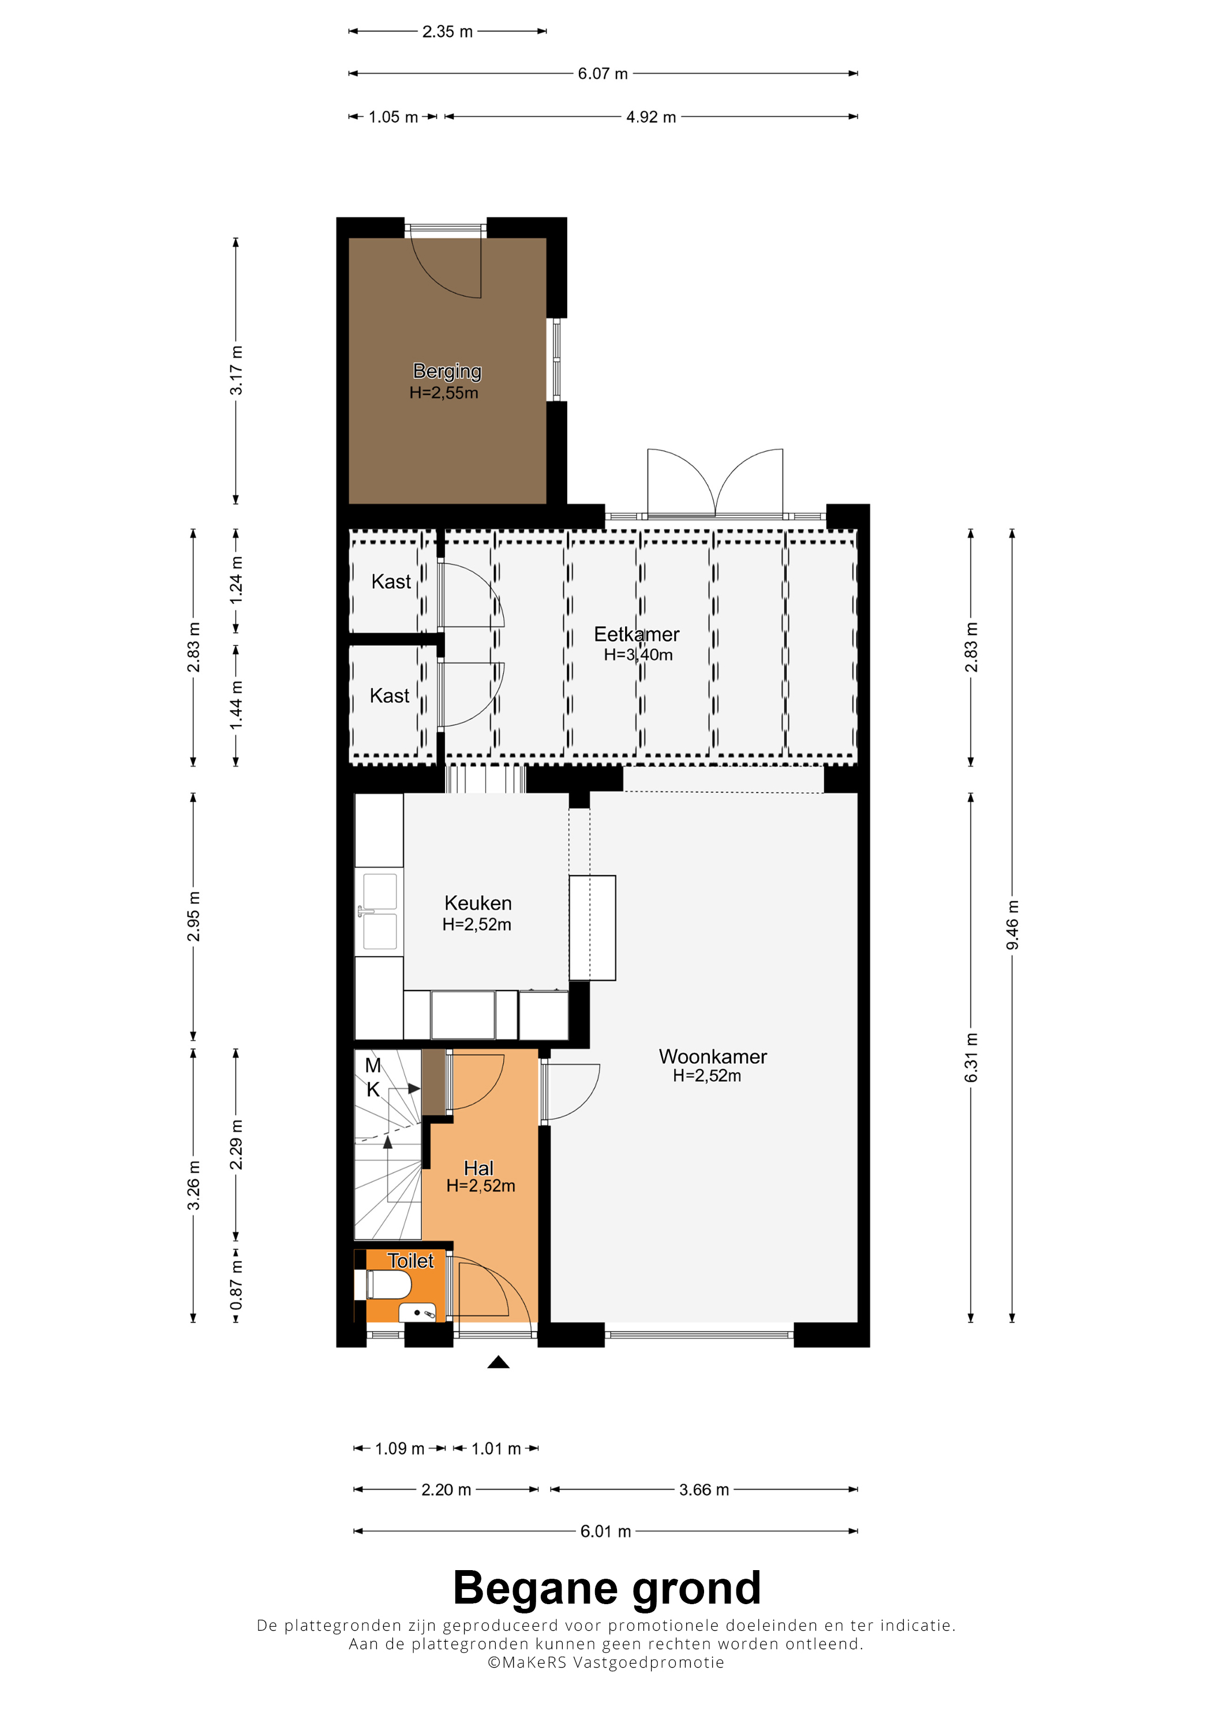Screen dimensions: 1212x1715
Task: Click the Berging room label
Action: [447, 371]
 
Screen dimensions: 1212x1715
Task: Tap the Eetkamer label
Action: [636, 634]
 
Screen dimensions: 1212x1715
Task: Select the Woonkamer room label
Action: [712, 1056]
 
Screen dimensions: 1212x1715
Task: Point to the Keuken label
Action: [478, 903]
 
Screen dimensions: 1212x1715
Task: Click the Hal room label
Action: [478, 1168]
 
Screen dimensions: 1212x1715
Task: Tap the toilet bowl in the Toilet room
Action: [388, 1285]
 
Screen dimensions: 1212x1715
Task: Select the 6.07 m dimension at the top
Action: [603, 73]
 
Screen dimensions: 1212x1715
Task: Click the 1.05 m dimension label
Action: [394, 117]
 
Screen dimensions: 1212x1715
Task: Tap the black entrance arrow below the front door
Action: [498, 1362]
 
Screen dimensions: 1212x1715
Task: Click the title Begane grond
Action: [607, 1587]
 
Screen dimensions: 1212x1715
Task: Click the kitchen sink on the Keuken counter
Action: [379, 911]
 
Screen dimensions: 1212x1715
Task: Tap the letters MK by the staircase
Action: [373, 1077]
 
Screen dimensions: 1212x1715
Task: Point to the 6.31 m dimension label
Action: [971, 1058]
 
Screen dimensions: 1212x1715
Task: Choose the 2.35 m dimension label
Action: [447, 31]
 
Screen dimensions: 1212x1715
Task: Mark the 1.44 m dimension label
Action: [236, 705]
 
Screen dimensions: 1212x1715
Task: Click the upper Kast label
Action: [391, 581]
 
